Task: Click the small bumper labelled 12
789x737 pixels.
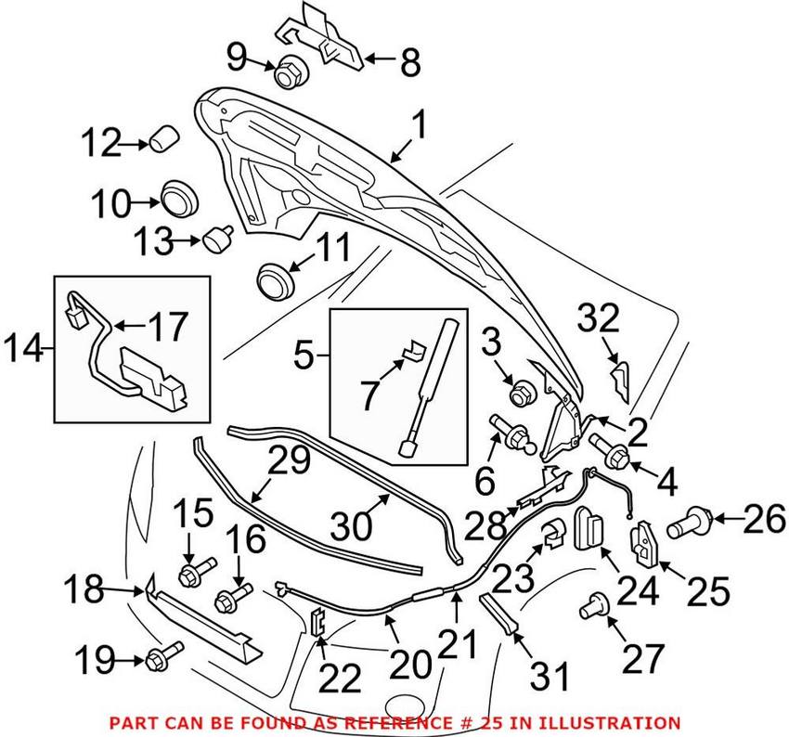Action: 164,139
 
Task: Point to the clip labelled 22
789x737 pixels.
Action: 318,623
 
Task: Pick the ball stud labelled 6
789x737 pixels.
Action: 511,433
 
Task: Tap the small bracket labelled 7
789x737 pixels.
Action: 411,350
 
